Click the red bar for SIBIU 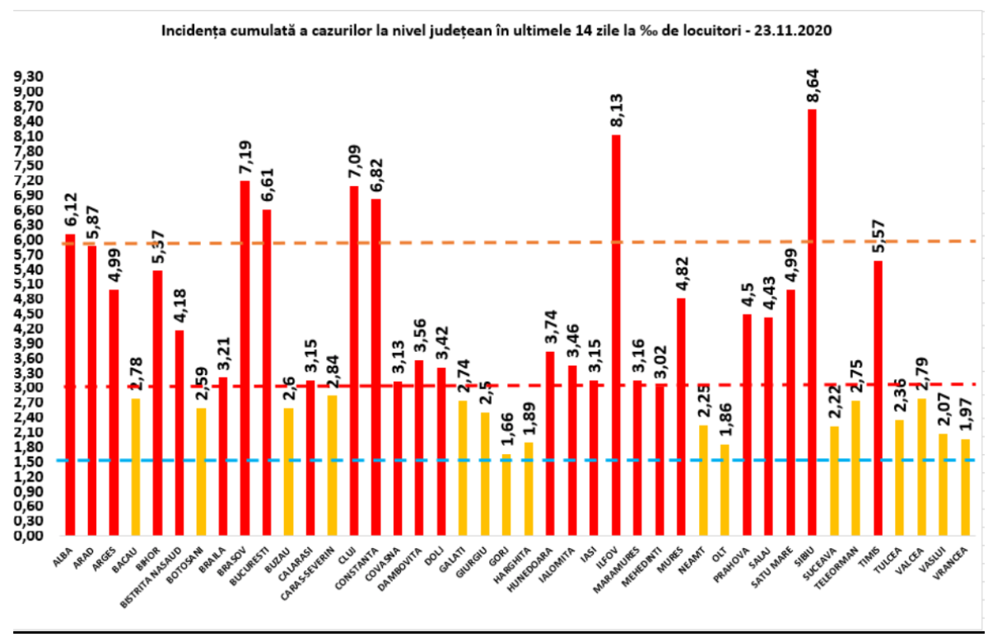pos(812,321)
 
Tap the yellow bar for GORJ pos(506,494)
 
